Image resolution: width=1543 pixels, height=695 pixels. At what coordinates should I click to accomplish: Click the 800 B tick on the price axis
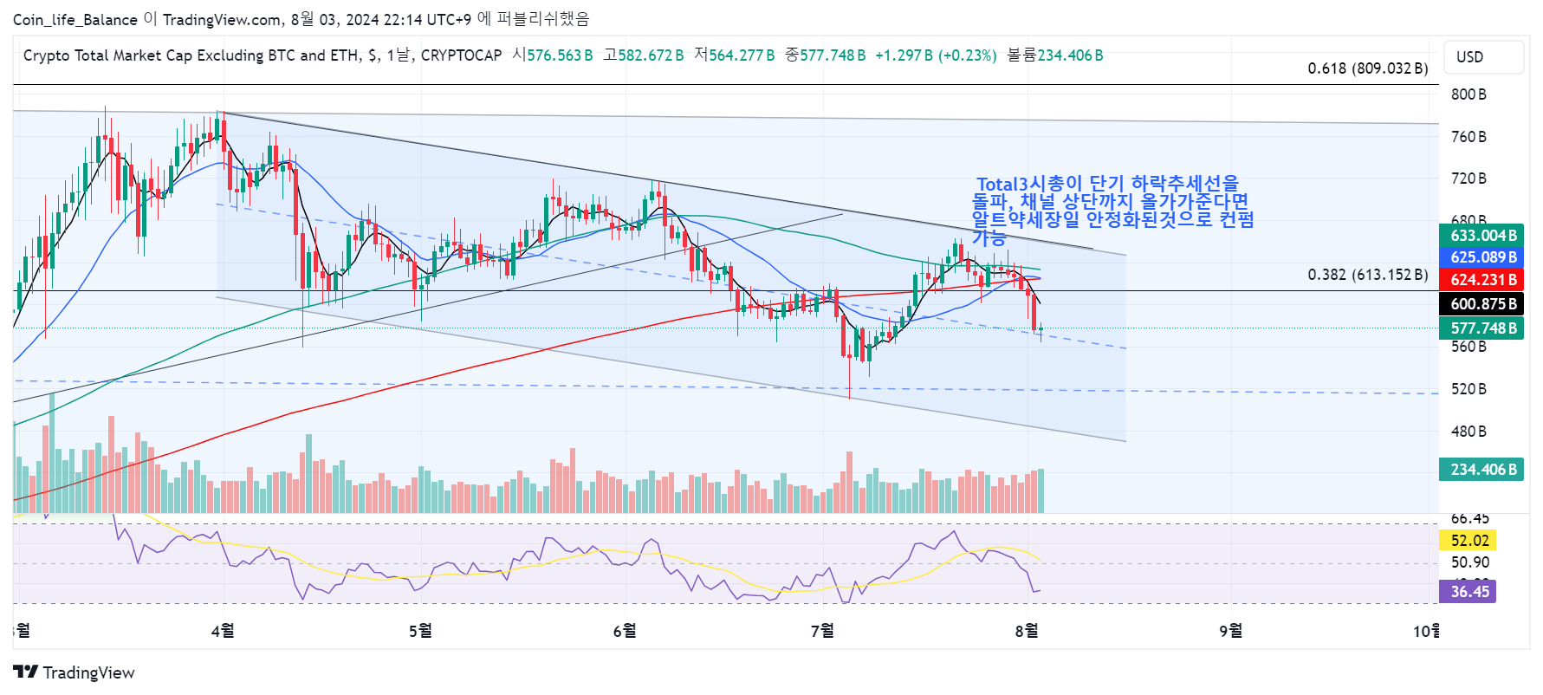(1468, 94)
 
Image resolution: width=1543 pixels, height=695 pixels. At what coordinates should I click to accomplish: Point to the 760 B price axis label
(1468, 137)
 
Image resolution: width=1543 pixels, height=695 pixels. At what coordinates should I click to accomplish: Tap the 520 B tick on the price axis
(1468, 389)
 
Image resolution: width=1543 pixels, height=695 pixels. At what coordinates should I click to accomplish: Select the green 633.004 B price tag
(1483, 236)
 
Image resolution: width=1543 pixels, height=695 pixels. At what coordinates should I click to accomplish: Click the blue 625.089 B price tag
(1483, 257)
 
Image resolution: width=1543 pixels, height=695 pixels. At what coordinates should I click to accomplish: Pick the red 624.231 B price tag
(1483, 280)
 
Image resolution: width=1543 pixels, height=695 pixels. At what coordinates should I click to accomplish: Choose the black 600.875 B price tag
(1483, 304)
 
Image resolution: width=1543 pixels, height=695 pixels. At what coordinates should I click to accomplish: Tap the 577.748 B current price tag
(1483, 328)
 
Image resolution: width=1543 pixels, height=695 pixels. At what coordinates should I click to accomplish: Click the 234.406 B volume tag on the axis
(1483, 470)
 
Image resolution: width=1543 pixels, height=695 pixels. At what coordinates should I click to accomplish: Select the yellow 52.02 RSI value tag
(1469, 541)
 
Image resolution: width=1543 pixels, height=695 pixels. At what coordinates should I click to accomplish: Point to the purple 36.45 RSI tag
(1469, 592)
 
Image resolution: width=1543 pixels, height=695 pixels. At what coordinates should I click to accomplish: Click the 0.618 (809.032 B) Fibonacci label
(1368, 68)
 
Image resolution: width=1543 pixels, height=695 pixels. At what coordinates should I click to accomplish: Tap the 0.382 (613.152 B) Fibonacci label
(1368, 275)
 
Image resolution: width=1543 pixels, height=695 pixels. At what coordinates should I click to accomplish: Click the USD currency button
(1482, 57)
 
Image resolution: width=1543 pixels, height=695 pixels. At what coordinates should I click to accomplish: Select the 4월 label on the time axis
(223, 631)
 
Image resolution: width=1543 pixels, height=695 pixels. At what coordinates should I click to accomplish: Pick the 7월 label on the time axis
(823, 631)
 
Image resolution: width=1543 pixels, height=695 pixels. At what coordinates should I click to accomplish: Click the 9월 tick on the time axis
(1230, 631)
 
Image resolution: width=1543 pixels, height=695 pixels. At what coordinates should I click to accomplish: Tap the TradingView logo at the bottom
(75, 672)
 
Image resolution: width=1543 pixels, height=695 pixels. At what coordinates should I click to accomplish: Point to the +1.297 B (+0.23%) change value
(936, 55)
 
